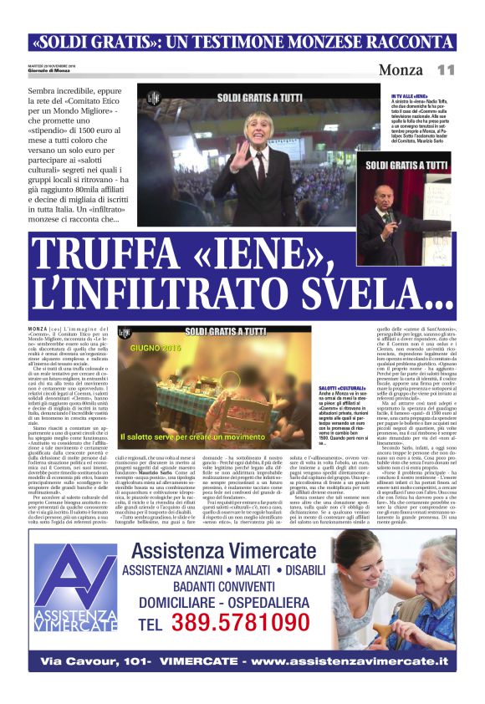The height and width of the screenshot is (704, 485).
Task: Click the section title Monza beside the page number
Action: point(401,69)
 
